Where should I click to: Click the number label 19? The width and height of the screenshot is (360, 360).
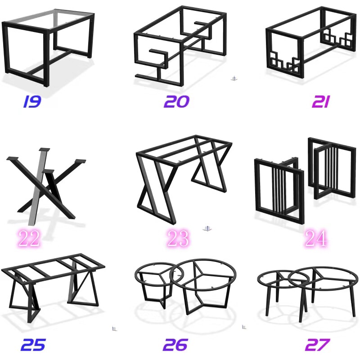[32, 102]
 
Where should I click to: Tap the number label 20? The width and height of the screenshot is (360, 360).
[176, 102]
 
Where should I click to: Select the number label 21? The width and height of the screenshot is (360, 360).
[321, 102]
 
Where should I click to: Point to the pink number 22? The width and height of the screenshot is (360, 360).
[29, 238]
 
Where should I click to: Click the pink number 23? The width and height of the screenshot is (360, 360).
[178, 238]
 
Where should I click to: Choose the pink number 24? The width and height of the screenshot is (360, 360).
[316, 238]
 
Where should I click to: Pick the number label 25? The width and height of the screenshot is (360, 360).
[33, 345]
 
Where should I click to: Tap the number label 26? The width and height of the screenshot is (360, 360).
[175, 345]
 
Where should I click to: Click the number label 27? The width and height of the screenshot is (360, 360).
[318, 345]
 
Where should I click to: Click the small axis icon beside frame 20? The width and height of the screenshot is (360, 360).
[234, 78]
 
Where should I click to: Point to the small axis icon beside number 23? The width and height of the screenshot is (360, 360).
[207, 229]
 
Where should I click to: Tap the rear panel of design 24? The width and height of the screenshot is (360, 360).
[332, 169]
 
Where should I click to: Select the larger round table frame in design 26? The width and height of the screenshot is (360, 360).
[203, 287]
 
